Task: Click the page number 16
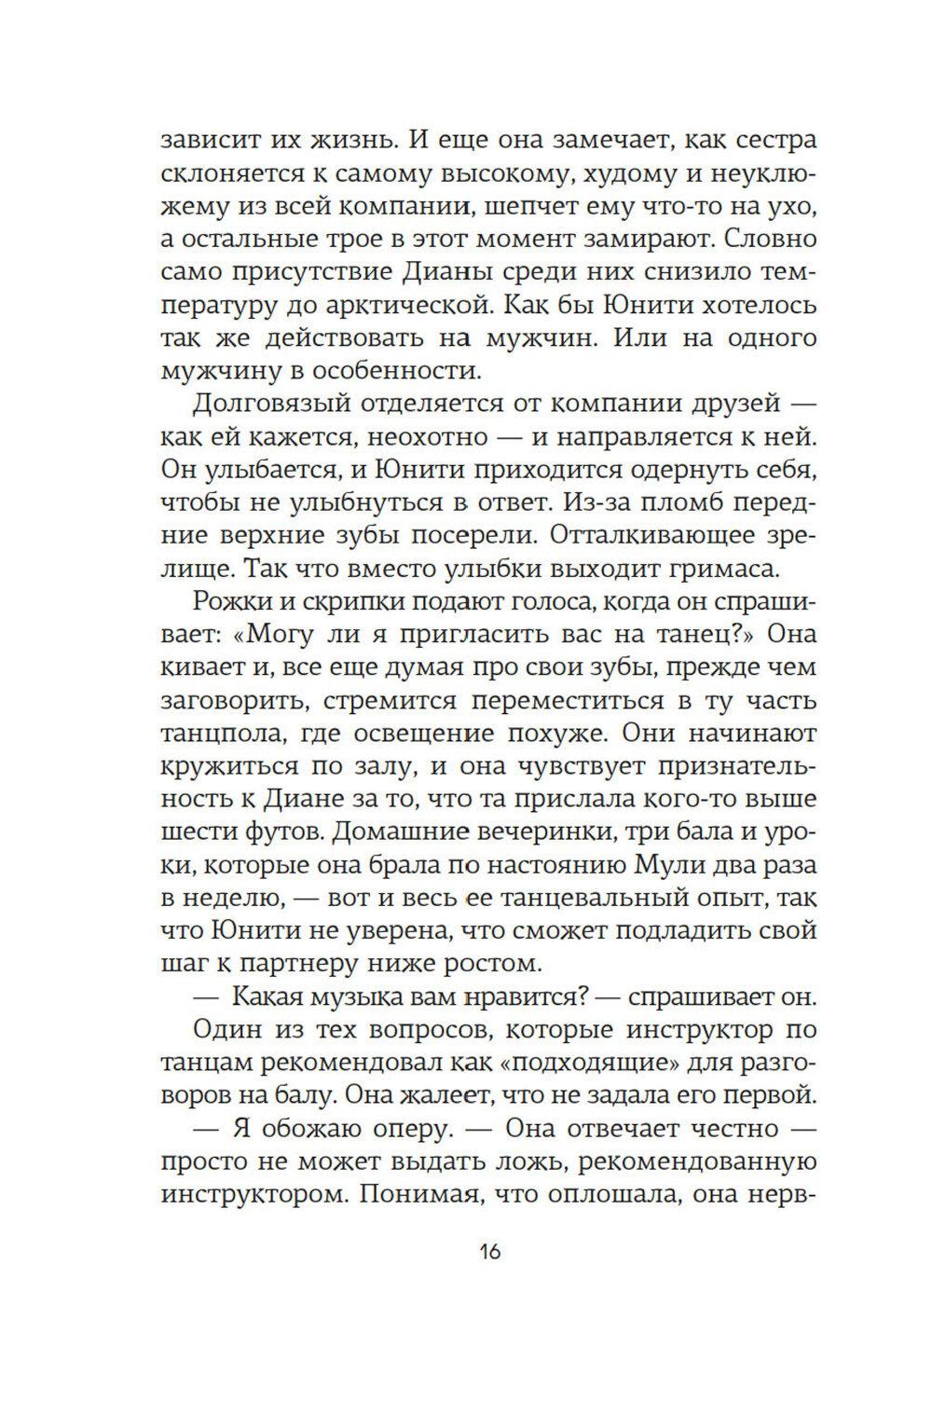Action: (490, 1250)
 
